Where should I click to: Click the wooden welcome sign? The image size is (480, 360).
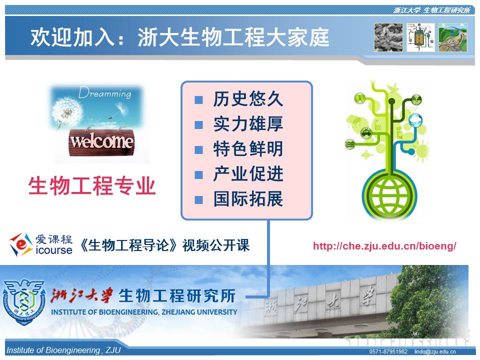click(101, 142)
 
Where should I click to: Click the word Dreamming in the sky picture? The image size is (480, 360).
click(104, 92)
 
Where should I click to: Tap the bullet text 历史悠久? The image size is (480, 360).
click(248, 99)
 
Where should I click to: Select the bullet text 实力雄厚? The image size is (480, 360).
click(248, 124)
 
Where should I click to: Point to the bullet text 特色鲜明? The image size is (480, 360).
click(248, 149)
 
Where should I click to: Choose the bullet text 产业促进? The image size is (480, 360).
click(248, 174)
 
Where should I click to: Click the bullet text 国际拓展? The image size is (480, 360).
click(248, 199)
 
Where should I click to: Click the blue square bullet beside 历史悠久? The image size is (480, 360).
click(198, 100)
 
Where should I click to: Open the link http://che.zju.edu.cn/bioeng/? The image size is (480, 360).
click(384, 246)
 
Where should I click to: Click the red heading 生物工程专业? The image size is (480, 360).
click(92, 185)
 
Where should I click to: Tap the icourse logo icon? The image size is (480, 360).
click(20, 244)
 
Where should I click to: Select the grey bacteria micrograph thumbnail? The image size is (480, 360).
click(388, 37)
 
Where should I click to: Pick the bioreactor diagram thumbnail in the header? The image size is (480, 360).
click(420, 37)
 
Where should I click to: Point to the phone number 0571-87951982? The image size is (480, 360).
click(388, 351)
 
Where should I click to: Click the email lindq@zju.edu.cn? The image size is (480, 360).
click(434, 351)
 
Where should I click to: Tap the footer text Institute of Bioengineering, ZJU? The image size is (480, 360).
click(63, 350)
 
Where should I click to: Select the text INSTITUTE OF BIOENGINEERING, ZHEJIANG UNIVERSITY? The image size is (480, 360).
click(144, 312)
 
